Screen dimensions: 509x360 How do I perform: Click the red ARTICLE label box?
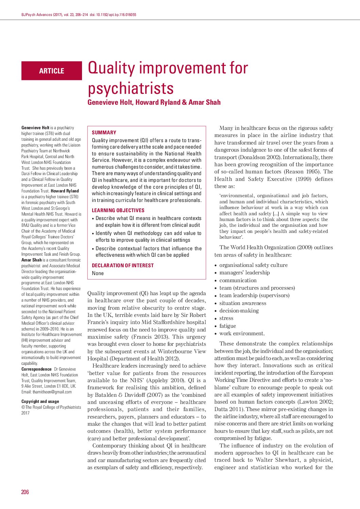pos(52,71)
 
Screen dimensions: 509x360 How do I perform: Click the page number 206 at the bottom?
pos(25,492)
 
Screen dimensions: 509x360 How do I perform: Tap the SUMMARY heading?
pos(104,133)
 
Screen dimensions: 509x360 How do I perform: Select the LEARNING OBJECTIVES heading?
pos(118,210)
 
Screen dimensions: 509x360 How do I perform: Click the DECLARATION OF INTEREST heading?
pos(123,266)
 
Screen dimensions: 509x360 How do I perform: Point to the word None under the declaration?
pos(98,273)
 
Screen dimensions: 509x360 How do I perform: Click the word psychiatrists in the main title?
pos(131,88)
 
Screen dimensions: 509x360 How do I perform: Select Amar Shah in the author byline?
pos(204,102)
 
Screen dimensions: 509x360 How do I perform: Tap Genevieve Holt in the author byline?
pos(110,102)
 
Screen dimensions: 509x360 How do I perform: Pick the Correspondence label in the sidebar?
pos(36,369)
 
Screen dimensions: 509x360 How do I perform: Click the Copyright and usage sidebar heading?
pos(40,402)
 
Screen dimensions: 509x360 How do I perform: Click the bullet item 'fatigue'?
pos(228,326)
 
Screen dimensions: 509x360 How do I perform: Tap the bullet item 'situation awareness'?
pos(243,303)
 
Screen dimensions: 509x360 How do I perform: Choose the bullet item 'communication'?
pos(238,281)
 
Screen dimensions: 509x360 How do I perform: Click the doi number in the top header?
pos(116,15)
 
